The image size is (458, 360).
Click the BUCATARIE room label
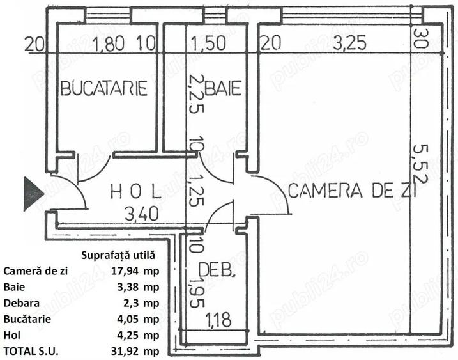point(104,88)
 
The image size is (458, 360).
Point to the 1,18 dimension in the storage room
point(218,318)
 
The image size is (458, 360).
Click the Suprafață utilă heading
point(119,255)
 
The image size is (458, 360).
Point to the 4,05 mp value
point(134,318)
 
